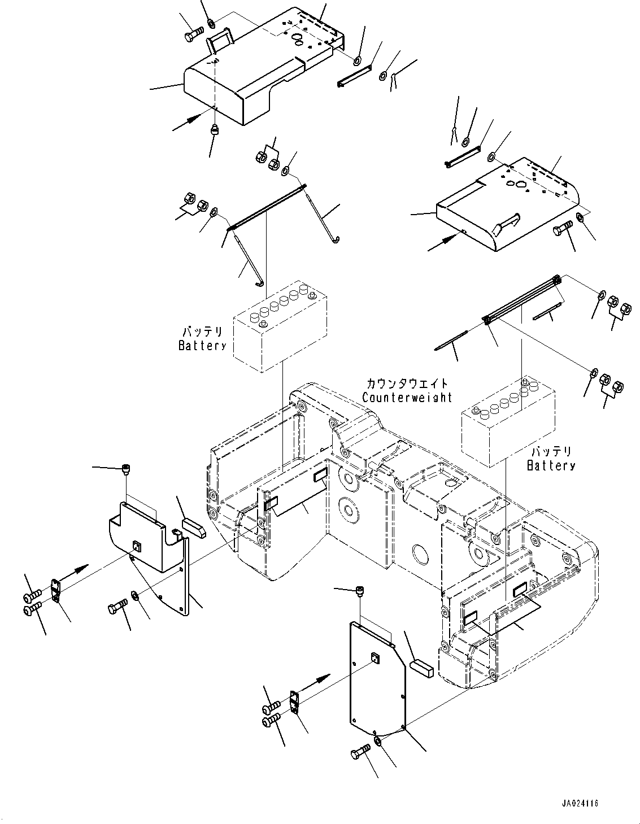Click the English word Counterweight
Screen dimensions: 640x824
pos(407,398)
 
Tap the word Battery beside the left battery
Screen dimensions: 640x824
pos(202,346)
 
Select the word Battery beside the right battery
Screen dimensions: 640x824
pos(551,465)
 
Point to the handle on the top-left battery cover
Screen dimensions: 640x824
pos(220,41)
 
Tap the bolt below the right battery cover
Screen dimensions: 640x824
pos(563,229)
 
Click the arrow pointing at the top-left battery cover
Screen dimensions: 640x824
pos(186,122)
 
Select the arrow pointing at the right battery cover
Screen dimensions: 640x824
pos(443,242)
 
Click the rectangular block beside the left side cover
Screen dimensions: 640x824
pos(194,527)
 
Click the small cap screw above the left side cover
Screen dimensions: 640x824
pos(125,469)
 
